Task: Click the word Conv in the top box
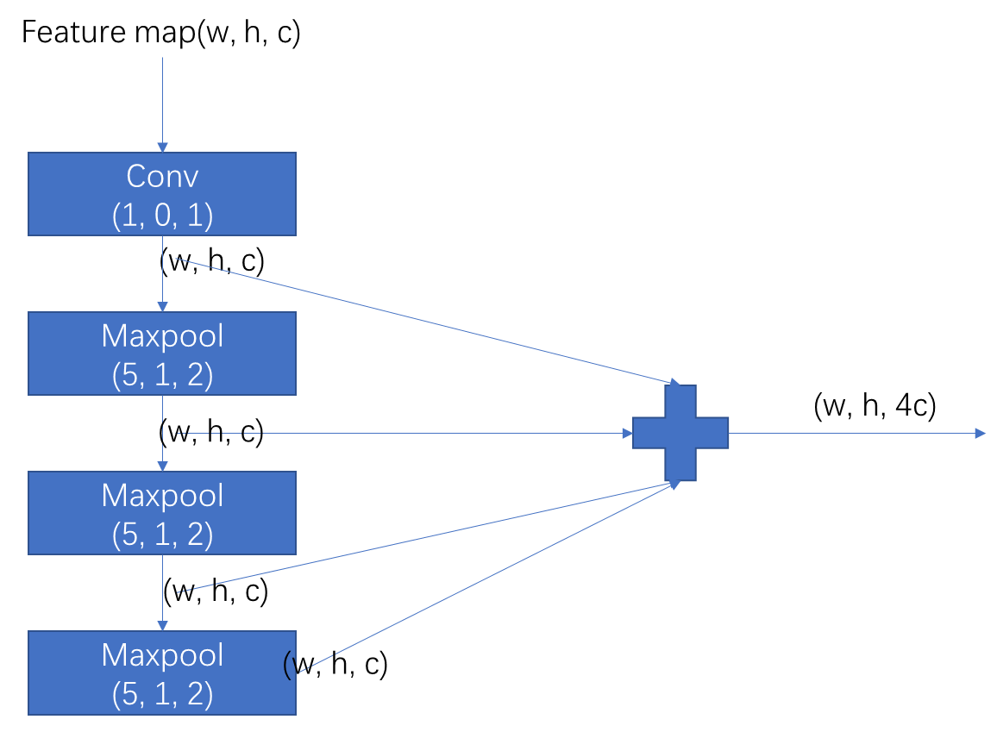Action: point(162,176)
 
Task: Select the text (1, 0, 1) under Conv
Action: point(162,216)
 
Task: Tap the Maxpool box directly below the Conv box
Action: point(162,353)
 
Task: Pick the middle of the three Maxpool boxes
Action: point(162,513)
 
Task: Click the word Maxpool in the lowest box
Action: point(162,655)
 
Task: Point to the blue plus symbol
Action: point(680,433)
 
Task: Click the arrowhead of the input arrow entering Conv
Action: point(162,147)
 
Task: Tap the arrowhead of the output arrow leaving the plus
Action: point(980,433)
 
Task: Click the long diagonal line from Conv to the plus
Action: point(423,320)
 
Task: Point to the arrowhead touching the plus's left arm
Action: point(627,433)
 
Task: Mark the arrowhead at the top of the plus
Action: point(674,382)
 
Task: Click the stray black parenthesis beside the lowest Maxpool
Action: point(288,665)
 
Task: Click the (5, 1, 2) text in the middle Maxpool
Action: point(162,535)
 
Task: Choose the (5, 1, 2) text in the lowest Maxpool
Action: point(162,694)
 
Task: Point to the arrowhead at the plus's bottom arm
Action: point(674,485)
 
